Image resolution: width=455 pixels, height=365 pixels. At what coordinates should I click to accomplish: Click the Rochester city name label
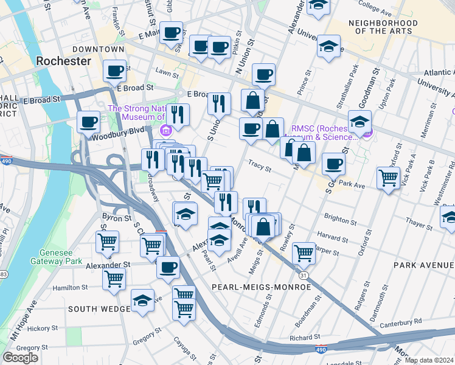(x=63, y=61)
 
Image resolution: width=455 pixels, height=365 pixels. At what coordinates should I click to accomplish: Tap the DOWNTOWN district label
(x=98, y=49)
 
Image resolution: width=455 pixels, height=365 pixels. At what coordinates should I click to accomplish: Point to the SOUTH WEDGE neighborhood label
(x=100, y=309)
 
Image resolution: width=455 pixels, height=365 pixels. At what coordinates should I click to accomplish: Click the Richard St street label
(x=305, y=337)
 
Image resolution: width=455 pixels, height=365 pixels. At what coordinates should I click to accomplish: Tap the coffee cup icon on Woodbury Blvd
(x=89, y=122)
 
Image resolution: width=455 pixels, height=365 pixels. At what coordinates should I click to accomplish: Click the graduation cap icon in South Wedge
(x=142, y=301)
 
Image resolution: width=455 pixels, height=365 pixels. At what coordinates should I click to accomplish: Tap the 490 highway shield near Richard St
(x=321, y=350)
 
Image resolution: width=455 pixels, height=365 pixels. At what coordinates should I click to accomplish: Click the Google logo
(x=20, y=358)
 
